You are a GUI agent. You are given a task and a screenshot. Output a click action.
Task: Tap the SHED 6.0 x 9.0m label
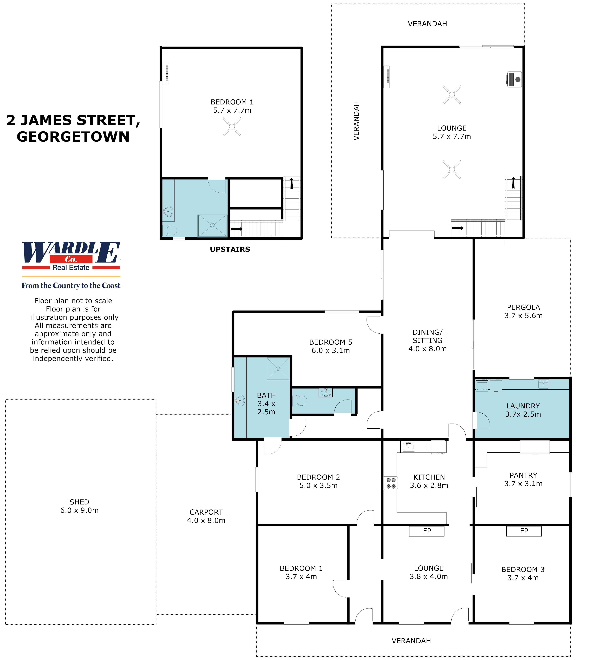(79, 506)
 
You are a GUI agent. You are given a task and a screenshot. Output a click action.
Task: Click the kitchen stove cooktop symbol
(391, 483)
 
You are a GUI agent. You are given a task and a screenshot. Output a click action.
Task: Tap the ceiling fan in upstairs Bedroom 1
(232, 127)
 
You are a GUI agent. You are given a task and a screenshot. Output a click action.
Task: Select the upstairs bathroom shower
(212, 226)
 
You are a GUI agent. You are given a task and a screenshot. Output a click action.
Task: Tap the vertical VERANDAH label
(356, 121)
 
